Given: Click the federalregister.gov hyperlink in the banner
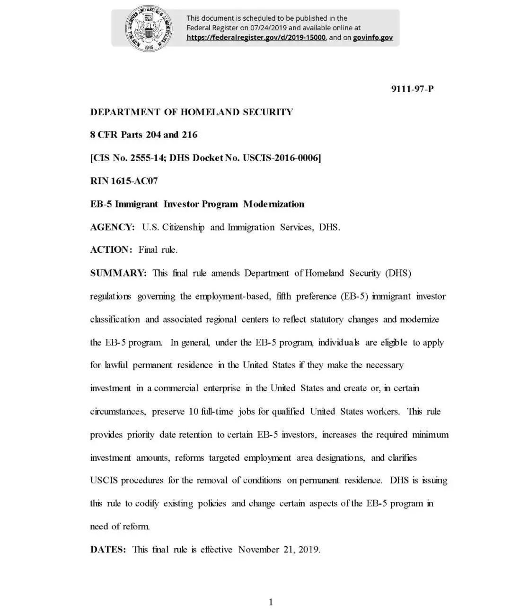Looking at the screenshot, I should (256, 38).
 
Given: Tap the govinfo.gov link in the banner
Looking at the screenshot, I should (373, 38).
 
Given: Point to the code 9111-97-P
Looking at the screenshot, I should (412, 89).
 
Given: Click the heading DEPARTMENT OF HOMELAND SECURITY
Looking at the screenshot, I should (192, 112).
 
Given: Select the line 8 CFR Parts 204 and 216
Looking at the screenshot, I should (144, 135).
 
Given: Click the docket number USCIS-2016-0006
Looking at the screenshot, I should (282, 158).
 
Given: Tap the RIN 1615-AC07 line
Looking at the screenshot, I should (124, 181).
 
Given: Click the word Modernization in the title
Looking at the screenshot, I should (274, 204).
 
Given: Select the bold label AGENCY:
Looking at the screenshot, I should (113, 227).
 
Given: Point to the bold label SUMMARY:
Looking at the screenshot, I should (119, 273).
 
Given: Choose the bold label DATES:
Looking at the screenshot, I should (108, 550).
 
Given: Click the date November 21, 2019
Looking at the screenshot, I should (279, 550).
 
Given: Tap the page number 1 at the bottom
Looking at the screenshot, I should (271, 602).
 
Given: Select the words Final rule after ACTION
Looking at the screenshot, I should (158, 250).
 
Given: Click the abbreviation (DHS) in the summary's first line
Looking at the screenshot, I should (398, 273).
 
